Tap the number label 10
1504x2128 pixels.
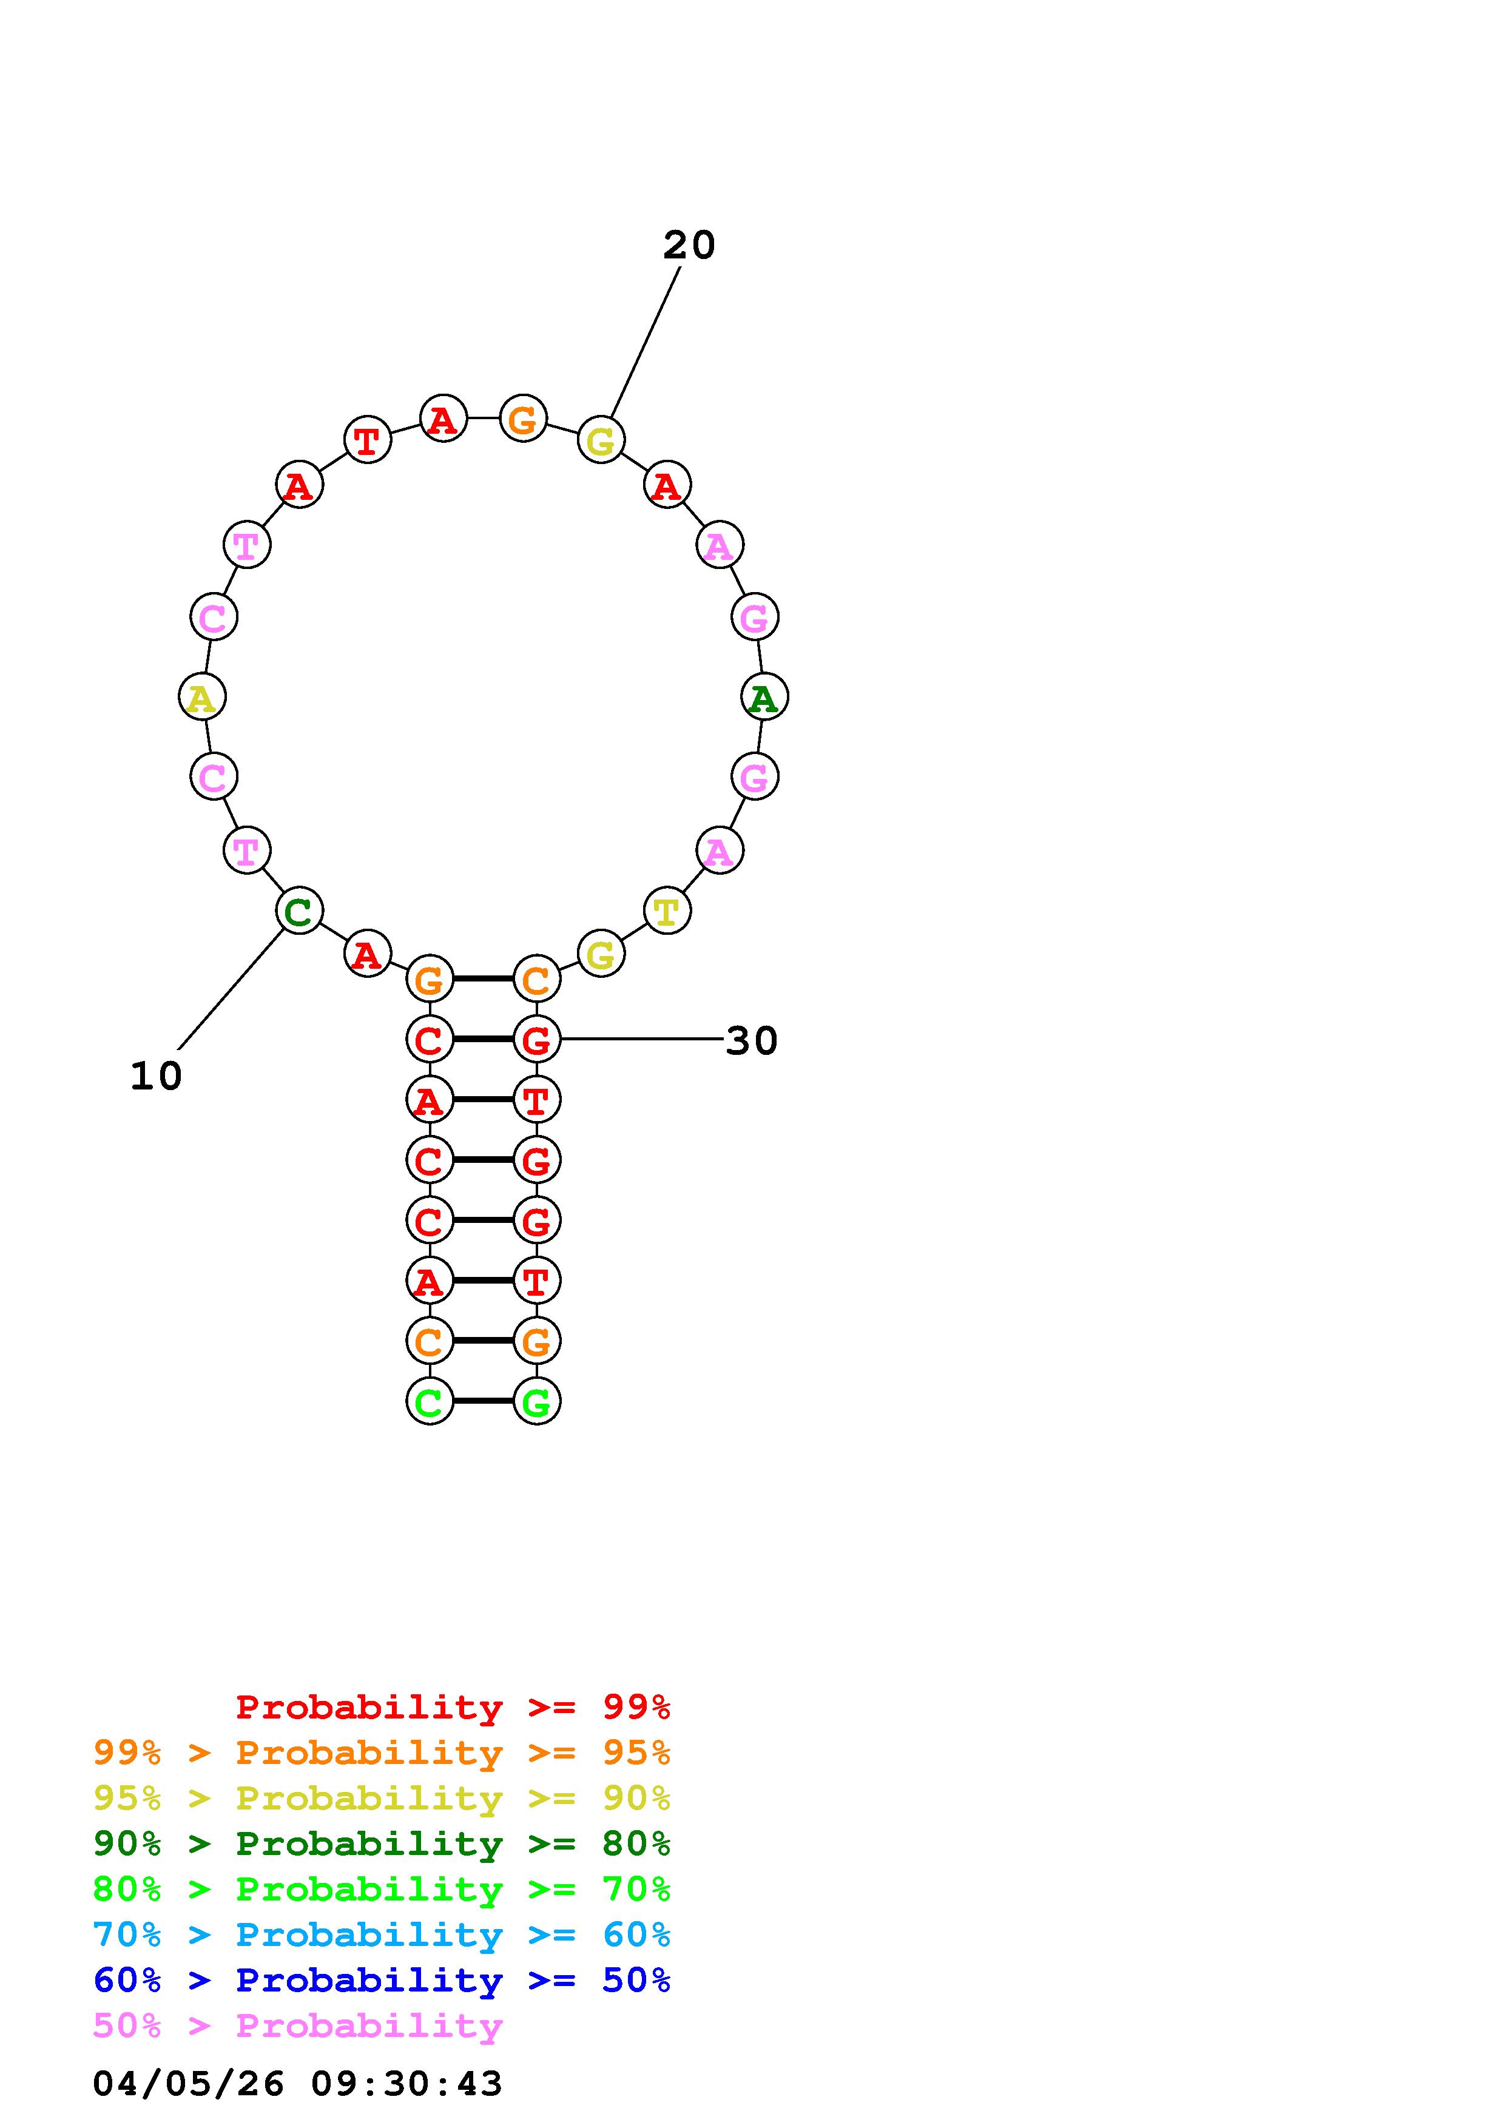(x=156, y=1076)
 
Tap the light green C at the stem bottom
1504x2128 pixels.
(x=430, y=1401)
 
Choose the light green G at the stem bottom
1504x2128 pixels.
(x=536, y=1401)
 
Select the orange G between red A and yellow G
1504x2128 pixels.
(x=524, y=418)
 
